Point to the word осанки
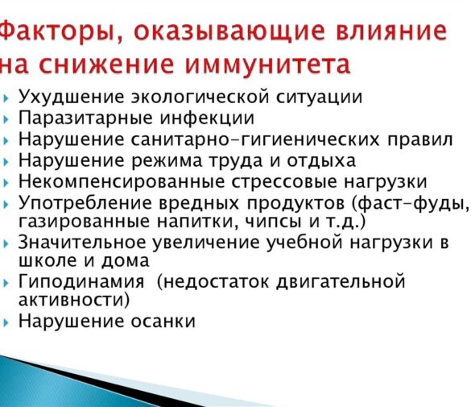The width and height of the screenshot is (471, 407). click(163, 321)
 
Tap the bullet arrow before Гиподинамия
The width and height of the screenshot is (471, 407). click(7, 283)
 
